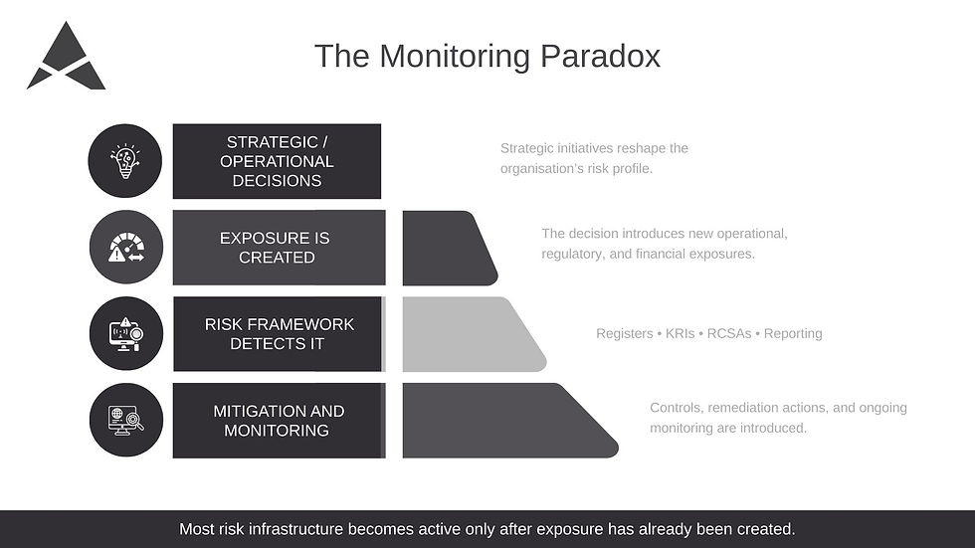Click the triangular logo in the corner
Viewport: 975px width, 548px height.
pos(66,59)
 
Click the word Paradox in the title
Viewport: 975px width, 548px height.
pos(600,56)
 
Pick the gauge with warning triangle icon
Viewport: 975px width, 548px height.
pos(125,248)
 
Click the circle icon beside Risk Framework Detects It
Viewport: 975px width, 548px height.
pos(125,334)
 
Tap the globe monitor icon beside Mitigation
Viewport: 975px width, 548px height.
pos(125,421)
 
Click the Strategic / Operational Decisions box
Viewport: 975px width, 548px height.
pos(277,161)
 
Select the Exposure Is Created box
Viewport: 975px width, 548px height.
pos(277,248)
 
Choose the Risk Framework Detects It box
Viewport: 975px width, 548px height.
pos(278,334)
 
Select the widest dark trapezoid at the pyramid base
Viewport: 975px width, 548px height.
pos(497,421)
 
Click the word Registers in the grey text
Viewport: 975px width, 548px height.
pos(624,334)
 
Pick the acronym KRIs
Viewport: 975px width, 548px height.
pos(682,334)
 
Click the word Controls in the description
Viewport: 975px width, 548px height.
pos(676,408)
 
